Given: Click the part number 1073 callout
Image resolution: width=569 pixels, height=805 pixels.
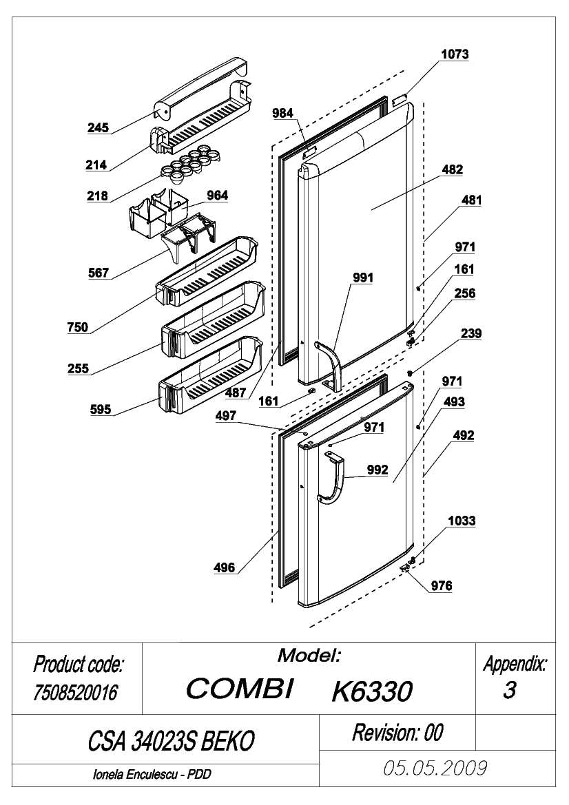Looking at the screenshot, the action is point(455,54).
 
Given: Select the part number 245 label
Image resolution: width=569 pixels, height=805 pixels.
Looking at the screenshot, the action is point(98,127).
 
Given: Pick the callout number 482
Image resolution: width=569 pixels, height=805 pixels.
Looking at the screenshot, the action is point(452,169).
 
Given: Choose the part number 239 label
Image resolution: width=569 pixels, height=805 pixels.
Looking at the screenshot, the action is point(471,333).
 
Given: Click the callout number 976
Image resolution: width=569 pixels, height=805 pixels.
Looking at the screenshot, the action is point(441,586).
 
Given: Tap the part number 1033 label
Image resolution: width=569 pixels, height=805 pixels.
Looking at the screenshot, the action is point(462,521).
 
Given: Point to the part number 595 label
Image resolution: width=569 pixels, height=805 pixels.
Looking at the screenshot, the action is point(100,409).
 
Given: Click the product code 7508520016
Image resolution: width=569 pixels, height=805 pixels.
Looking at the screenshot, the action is point(76,693).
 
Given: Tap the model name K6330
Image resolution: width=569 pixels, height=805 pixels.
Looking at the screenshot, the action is point(372,691).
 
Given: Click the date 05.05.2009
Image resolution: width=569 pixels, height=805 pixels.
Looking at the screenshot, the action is point(435,768).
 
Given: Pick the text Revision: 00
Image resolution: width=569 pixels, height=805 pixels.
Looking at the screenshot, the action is point(397,733).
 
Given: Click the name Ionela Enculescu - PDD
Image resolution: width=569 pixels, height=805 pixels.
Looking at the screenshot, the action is point(152,774).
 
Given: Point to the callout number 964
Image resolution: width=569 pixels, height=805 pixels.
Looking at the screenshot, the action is point(217,195).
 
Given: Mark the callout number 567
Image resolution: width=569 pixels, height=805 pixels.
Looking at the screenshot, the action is point(98,273).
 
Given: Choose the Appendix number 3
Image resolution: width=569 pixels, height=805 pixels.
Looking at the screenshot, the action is point(509,691).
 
